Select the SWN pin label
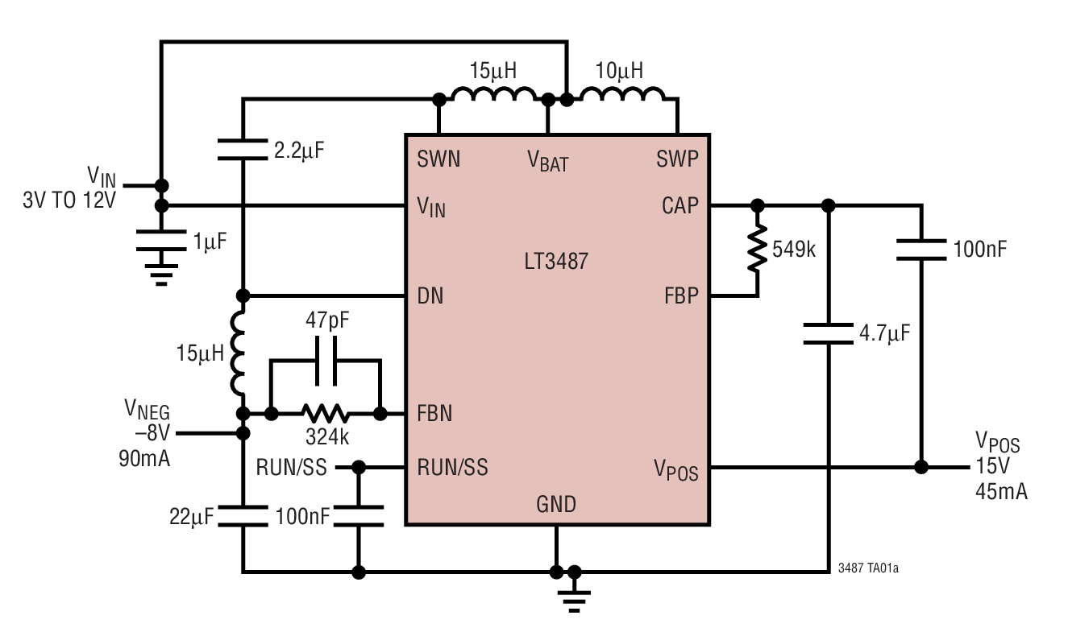pyautogui.click(x=438, y=159)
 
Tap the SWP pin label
pyautogui.click(x=677, y=159)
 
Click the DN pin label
pyautogui.click(x=430, y=296)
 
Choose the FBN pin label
pyautogui.click(x=434, y=414)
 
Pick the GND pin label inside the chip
pyautogui.click(x=556, y=505)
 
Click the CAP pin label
pyautogui.click(x=679, y=206)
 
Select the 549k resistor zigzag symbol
pyautogui.click(x=757, y=250)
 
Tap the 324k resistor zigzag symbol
pyautogui.click(x=326, y=414)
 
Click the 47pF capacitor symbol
pyautogui.click(x=326, y=363)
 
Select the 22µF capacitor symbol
pyautogui.click(x=243, y=515)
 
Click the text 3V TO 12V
pyautogui.click(x=69, y=200)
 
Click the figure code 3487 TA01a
pyautogui.click(x=868, y=568)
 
